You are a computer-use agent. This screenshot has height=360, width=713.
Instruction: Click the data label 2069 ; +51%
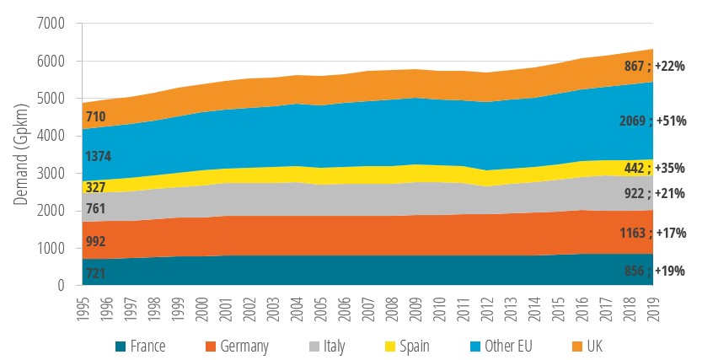click(x=652, y=121)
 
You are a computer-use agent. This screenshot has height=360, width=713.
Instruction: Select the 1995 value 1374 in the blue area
click(x=99, y=156)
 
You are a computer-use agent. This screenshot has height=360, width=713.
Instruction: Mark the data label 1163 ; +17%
click(x=652, y=232)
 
